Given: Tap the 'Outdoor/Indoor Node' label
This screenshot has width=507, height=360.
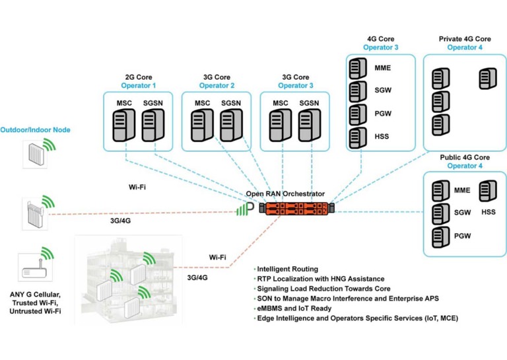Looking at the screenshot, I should click(35, 130).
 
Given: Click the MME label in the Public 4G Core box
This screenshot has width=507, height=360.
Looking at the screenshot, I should click(462, 191).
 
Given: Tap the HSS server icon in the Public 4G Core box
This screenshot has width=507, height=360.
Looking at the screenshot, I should click(487, 191).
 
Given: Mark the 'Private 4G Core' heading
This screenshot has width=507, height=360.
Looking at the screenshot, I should click(465, 39).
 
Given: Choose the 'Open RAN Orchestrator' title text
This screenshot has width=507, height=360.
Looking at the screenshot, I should click(285, 194).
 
